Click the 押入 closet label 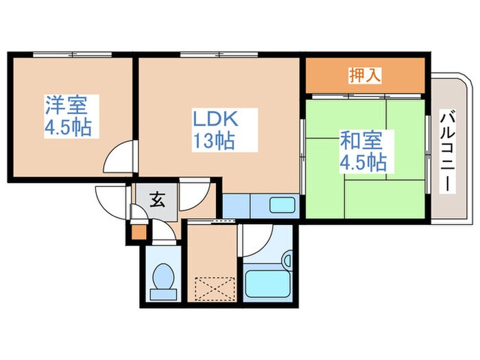point(363,74)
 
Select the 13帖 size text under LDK point(214,142)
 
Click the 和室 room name point(358,143)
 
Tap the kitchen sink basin point(281,205)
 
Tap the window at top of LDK point(206,55)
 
